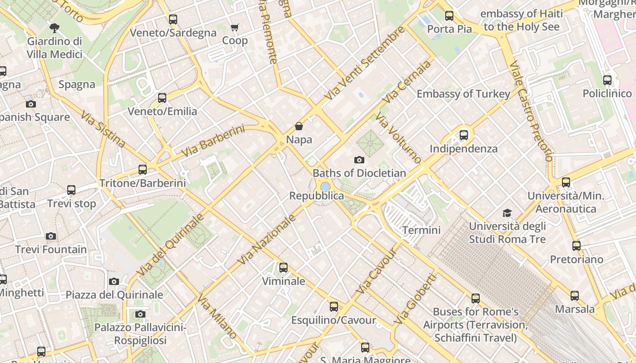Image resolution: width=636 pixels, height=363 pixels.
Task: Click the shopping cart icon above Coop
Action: (235, 28)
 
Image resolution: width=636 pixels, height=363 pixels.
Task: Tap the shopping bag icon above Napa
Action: (299, 126)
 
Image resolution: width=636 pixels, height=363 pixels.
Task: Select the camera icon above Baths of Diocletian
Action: (359, 160)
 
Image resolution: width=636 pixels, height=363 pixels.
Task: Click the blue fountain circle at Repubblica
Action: (325, 186)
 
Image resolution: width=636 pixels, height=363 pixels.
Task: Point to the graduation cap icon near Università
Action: (507, 213)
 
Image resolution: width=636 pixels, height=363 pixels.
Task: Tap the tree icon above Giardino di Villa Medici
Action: (55, 28)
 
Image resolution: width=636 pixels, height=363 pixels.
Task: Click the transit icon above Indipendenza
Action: (463, 135)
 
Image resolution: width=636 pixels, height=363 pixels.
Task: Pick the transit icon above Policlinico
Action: (607, 80)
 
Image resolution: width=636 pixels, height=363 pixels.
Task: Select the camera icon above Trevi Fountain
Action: (51, 236)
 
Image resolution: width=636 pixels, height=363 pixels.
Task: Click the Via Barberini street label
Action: (213, 142)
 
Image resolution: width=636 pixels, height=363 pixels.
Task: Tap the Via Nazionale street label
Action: (267, 239)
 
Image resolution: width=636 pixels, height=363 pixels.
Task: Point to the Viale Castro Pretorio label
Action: (531, 111)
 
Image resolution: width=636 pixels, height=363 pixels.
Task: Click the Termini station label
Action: (421, 230)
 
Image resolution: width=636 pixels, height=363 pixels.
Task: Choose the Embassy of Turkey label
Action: (463, 94)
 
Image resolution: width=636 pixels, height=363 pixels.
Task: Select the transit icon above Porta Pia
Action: (449, 16)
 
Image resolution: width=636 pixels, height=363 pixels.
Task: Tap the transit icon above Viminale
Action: (283, 268)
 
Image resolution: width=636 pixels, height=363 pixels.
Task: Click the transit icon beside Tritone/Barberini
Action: (143, 170)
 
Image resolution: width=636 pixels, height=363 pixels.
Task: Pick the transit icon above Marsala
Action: (575, 296)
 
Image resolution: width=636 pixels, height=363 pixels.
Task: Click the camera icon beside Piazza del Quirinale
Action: (114, 281)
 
